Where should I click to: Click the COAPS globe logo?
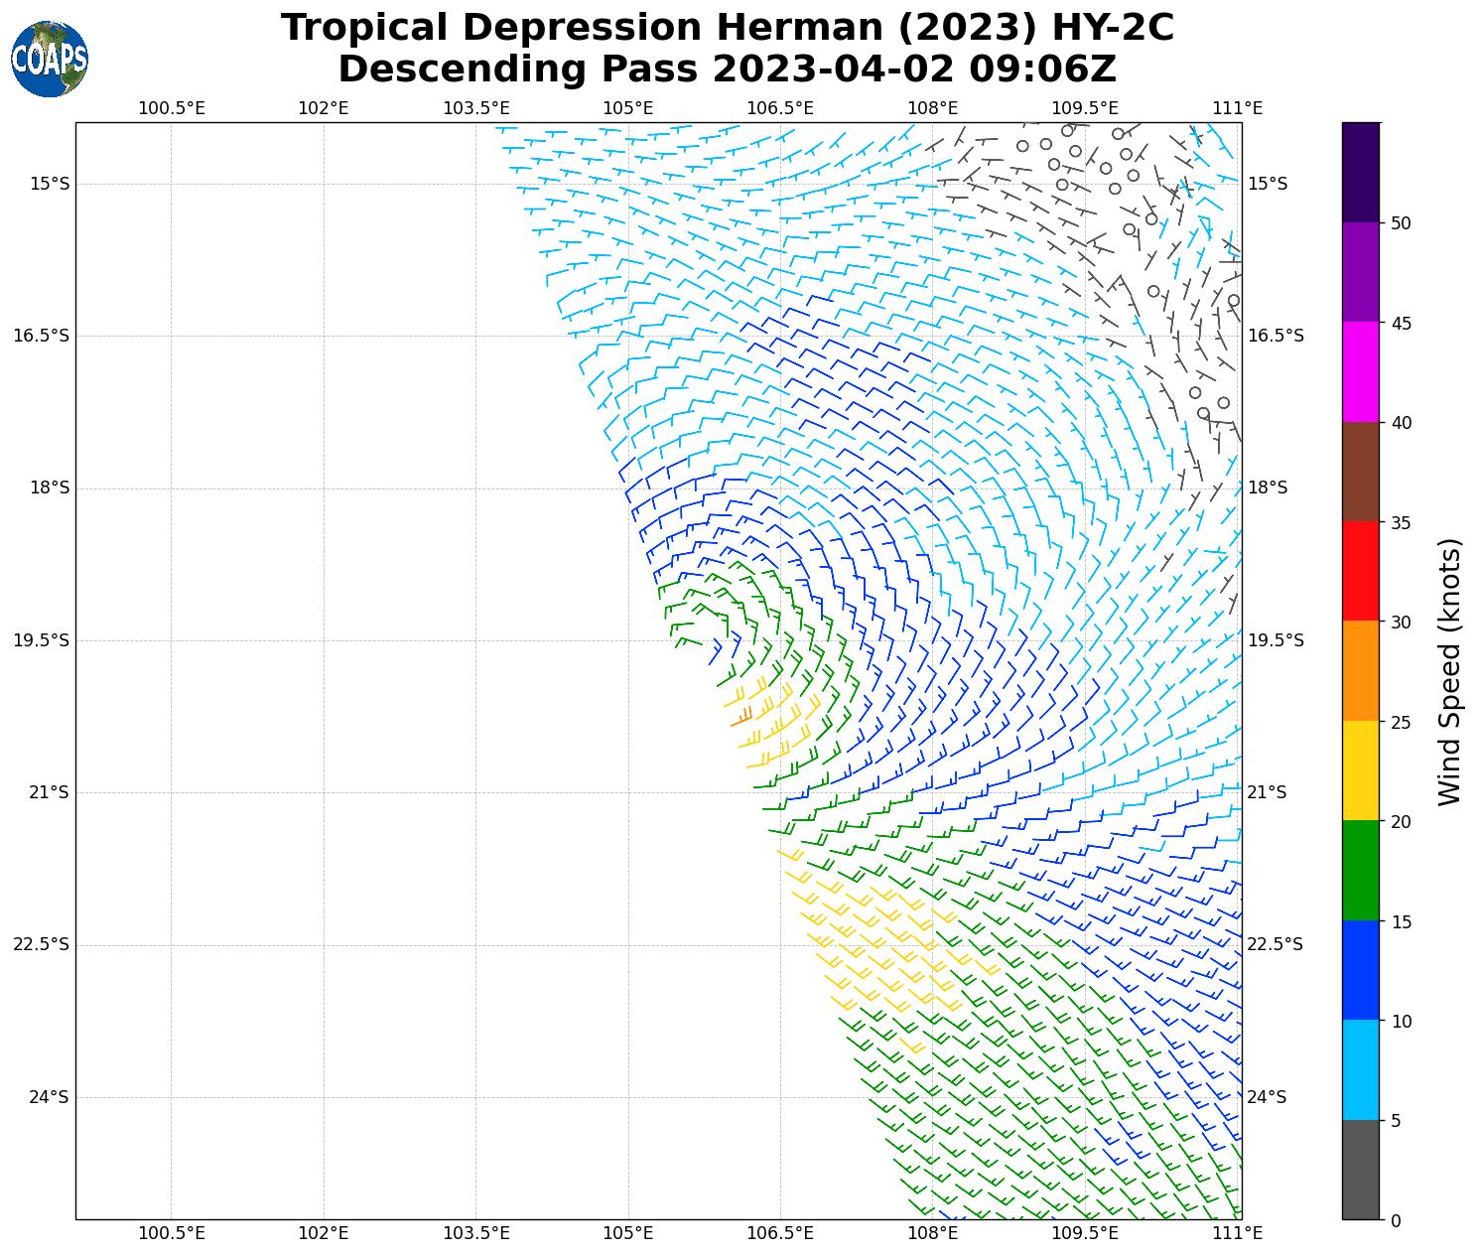pos(50,59)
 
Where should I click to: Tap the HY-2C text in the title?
pos(1109,28)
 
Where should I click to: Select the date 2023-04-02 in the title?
pos(833,70)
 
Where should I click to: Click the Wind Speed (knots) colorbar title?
pos(1449,671)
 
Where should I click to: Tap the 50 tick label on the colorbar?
pos(1401,223)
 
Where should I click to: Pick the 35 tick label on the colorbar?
pos(1401,522)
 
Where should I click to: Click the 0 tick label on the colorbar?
pos(1396,1220)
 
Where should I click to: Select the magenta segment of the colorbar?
pos(1360,371)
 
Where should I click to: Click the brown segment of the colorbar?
pos(1360,472)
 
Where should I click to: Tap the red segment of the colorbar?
pos(1360,571)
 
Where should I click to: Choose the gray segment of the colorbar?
pos(1360,1170)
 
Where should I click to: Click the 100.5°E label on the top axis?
pos(172,108)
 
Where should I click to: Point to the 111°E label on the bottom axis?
pos(1239,1234)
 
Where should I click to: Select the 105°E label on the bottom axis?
pos(628,1234)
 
